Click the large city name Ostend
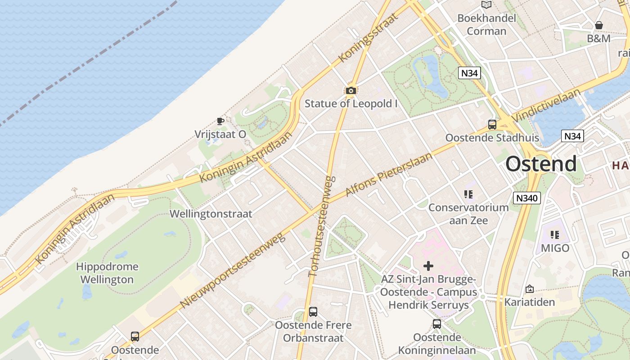(x=541, y=164)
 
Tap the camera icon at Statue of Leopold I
(x=351, y=90)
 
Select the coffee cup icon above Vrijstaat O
(x=220, y=121)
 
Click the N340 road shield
(x=526, y=198)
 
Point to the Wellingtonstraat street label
(x=211, y=214)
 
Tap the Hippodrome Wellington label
(x=107, y=273)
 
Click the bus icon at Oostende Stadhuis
(x=492, y=125)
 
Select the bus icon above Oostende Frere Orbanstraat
(x=313, y=311)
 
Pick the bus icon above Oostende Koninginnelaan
(x=436, y=324)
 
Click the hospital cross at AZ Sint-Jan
(x=428, y=266)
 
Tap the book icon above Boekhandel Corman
(x=486, y=5)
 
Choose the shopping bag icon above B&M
(x=598, y=25)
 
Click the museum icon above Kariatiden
(x=529, y=289)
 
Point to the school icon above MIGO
(x=555, y=234)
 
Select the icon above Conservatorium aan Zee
(x=468, y=194)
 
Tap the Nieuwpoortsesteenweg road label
(x=233, y=270)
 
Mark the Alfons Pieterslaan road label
(x=388, y=174)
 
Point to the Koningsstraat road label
(x=368, y=37)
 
